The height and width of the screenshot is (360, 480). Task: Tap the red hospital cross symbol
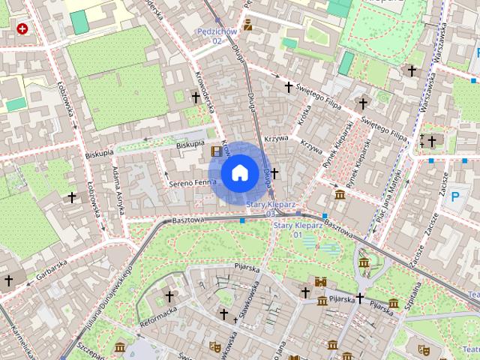(x=22, y=28)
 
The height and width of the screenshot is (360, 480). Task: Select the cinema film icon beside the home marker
(x=217, y=151)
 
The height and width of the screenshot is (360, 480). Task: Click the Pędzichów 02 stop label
(x=217, y=35)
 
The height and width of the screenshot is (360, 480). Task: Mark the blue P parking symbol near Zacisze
(x=454, y=198)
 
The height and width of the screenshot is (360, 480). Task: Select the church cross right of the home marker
(x=274, y=173)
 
